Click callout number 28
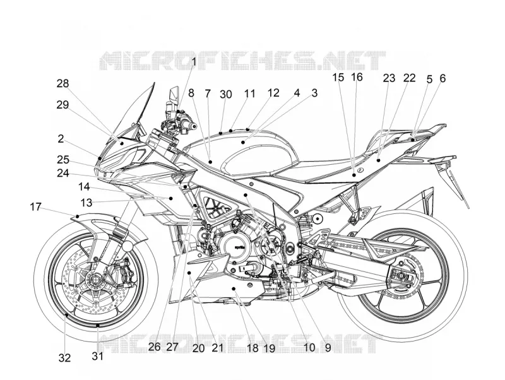point(62,83)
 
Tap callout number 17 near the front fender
point(36,207)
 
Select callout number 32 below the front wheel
point(65,357)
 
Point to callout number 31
point(98,356)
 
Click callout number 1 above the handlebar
point(194,61)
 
